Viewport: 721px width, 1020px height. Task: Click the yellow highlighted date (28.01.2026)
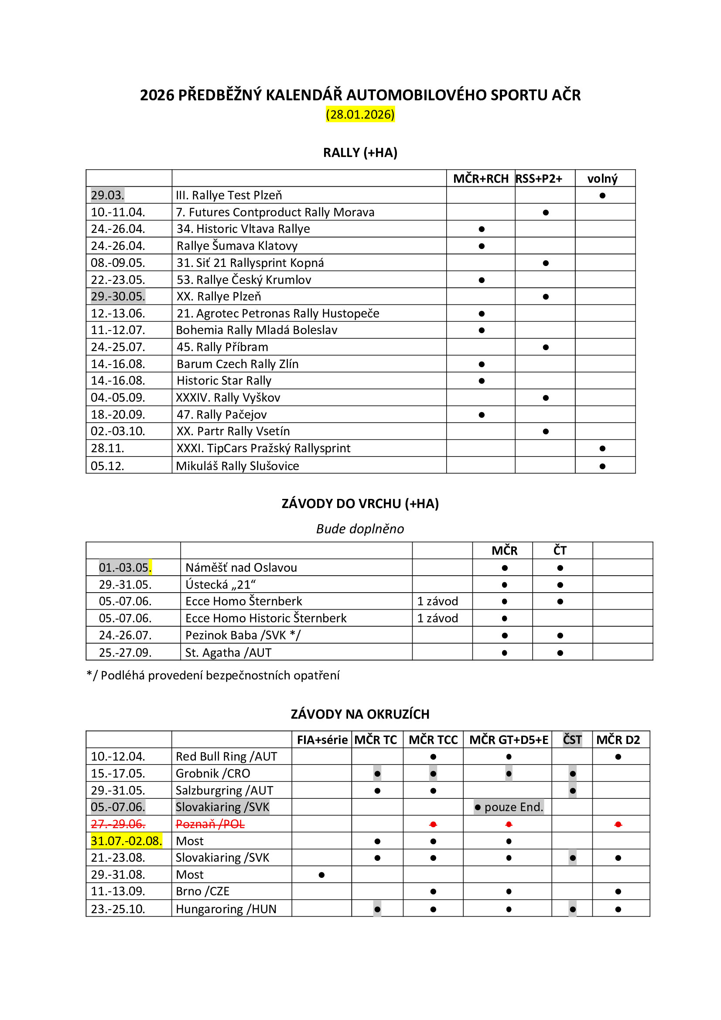point(360,115)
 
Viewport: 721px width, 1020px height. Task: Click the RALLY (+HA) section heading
point(360,153)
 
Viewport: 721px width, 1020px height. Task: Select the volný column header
point(602,179)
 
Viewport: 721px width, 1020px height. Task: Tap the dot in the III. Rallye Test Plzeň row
point(602,195)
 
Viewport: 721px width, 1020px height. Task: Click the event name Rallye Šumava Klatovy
point(237,246)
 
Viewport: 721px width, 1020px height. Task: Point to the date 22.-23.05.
point(118,280)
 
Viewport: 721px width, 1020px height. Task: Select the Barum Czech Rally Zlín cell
point(237,364)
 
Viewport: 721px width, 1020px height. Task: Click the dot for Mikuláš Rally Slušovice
point(602,466)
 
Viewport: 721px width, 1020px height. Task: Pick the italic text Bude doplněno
point(360,529)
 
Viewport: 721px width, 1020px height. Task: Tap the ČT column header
point(560,550)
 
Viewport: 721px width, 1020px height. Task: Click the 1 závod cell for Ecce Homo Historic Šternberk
point(437,618)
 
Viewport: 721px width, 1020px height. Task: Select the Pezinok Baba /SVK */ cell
point(243,635)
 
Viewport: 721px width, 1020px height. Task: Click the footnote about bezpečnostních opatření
point(213,675)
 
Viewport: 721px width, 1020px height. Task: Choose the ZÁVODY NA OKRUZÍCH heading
point(360,714)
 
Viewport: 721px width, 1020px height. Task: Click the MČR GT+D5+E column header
point(508,740)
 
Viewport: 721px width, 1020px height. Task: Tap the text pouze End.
point(513,807)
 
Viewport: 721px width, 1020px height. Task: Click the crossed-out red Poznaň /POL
point(210,824)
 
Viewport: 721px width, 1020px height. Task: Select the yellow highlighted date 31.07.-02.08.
point(126,841)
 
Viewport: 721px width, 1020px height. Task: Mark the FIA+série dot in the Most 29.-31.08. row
point(321,875)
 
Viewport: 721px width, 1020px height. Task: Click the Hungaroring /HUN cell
point(226,909)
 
